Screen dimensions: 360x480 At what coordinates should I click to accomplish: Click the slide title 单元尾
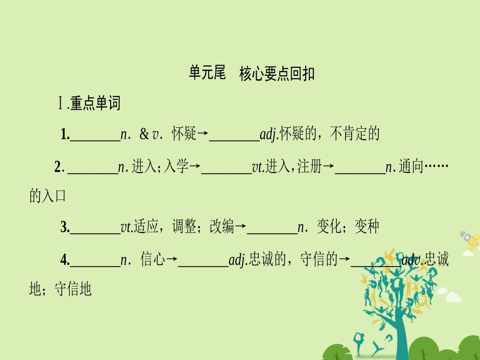pos(207,74)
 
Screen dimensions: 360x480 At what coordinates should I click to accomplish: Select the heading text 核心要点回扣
pos(277,74)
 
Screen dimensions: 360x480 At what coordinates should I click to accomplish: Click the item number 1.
pos(64,134)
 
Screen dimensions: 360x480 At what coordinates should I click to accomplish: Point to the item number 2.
pos(58,167)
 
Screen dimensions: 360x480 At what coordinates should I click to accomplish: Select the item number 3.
pos(64,228)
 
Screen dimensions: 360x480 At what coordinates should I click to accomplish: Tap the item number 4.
pos(64,260)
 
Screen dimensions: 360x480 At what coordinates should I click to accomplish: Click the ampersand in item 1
pos(144,134)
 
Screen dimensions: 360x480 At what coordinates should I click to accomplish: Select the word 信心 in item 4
pos(153,260)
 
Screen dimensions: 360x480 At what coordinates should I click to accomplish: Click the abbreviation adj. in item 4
pos(237,261)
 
